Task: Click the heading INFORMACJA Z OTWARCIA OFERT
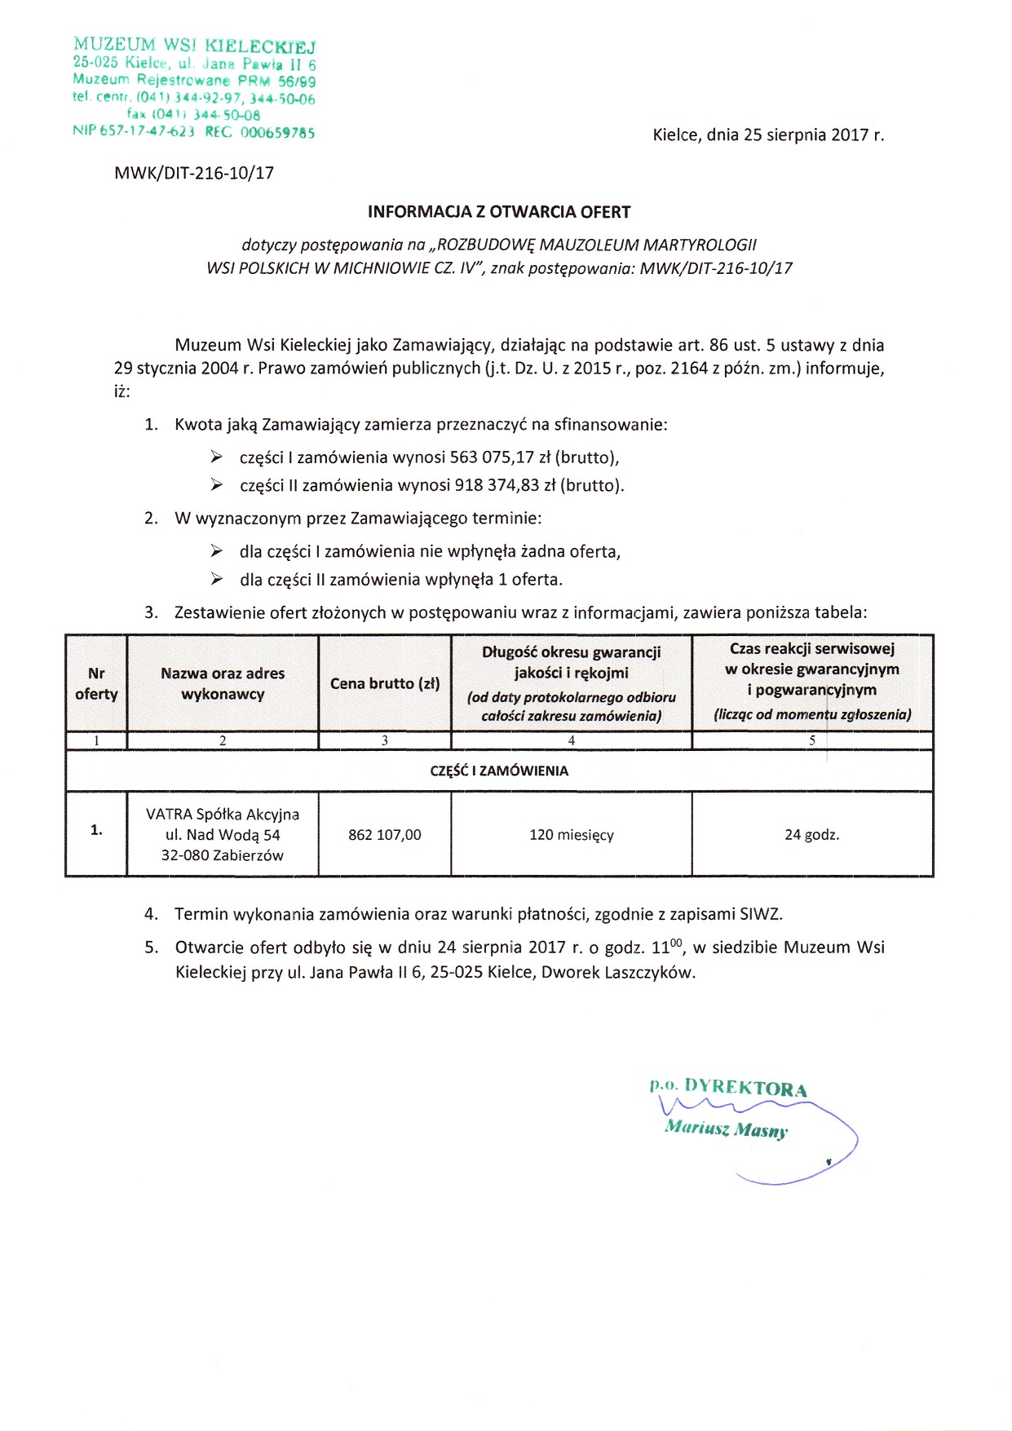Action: click(x=499, y=212)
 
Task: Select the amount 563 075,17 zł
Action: click(x=500, y=457)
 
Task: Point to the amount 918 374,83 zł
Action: click(x=502, y=486)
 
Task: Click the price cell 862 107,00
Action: click(x=385, y=835)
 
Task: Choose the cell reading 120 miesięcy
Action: click(x=572, y=835)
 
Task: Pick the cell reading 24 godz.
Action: click(x=812, y=835)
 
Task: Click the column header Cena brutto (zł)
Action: click(x=385, y=684)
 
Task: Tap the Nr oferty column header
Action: click(x=96, y=684)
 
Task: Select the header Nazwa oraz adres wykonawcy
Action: click(x=223, y=684)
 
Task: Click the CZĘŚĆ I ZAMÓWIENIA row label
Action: click(x=499, y=771)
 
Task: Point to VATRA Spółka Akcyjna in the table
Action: click(x=223, y=815)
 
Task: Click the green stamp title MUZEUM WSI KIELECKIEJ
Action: click(x=194, y=46)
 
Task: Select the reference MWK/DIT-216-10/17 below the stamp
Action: click(x=194, y=173)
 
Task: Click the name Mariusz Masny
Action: click(x=726, y=1129)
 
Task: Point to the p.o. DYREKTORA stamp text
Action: click(x=728, y=1088)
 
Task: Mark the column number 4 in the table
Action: click(x=572, y=740)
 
